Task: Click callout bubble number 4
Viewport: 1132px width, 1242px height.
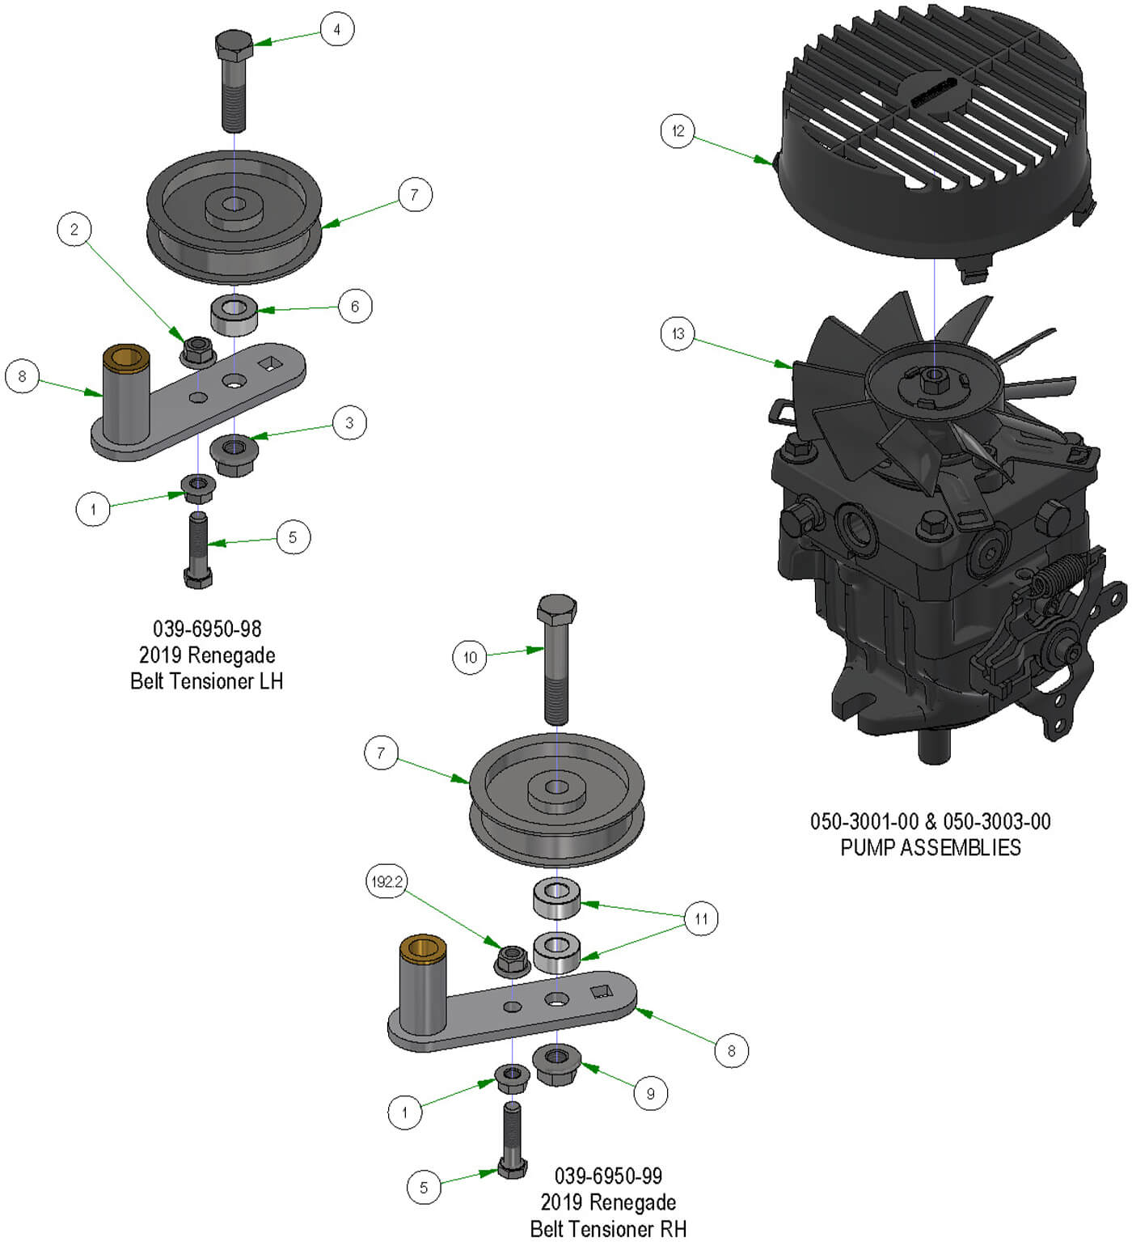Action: [x=336, y=30]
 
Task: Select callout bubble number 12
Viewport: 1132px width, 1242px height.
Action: [x=678, y=131]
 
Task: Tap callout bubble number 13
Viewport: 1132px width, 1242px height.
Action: [x=678, y=333]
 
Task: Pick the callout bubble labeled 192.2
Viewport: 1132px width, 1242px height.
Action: [x=386, y=881]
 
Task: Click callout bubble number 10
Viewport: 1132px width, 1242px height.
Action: [x=470, y=657]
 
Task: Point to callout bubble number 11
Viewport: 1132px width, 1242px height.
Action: [x=701, y=918]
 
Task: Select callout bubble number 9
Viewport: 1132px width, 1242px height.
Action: [x=651, y=1094]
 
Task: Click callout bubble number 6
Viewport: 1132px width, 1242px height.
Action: [x=354, y=307]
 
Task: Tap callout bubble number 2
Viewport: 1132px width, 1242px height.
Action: [x=74, y=230]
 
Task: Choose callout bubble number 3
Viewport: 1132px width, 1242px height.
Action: [x=349, y=422]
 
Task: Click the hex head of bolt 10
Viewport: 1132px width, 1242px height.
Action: [x=557, y=608]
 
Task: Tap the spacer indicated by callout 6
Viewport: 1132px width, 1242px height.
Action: [x=234, y=314]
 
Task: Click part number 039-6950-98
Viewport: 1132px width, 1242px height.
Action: [x=207, y=629]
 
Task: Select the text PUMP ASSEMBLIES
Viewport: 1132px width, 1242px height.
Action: [x=931, y=847]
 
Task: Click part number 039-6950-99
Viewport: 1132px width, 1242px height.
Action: [x=608, y=1176]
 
